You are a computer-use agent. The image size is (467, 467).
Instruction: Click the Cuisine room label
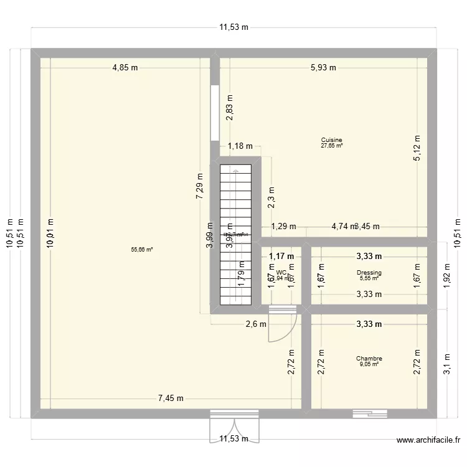[x=332, y=140]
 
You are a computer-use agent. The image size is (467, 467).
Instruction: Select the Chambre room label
[x=369, y=359]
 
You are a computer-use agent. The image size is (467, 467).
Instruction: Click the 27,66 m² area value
[x=332, y=146]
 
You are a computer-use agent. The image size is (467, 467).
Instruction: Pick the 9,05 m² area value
[x=369, y=364]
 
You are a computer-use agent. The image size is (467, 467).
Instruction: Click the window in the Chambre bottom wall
[x=369, y=413]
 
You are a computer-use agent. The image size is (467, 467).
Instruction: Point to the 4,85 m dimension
[x=125, y=68]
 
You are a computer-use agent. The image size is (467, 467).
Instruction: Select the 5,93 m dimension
[x=324, y=68]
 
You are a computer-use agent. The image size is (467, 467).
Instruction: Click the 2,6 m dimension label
[x=256, y=324]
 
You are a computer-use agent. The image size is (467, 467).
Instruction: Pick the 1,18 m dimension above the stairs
[x=240, y=147]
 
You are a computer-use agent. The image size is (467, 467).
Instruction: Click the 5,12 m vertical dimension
[x=418, y=148]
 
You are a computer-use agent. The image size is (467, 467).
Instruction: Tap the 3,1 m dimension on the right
[x=448, y=362]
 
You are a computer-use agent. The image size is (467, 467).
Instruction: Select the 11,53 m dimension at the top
[x=233, y=27]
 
